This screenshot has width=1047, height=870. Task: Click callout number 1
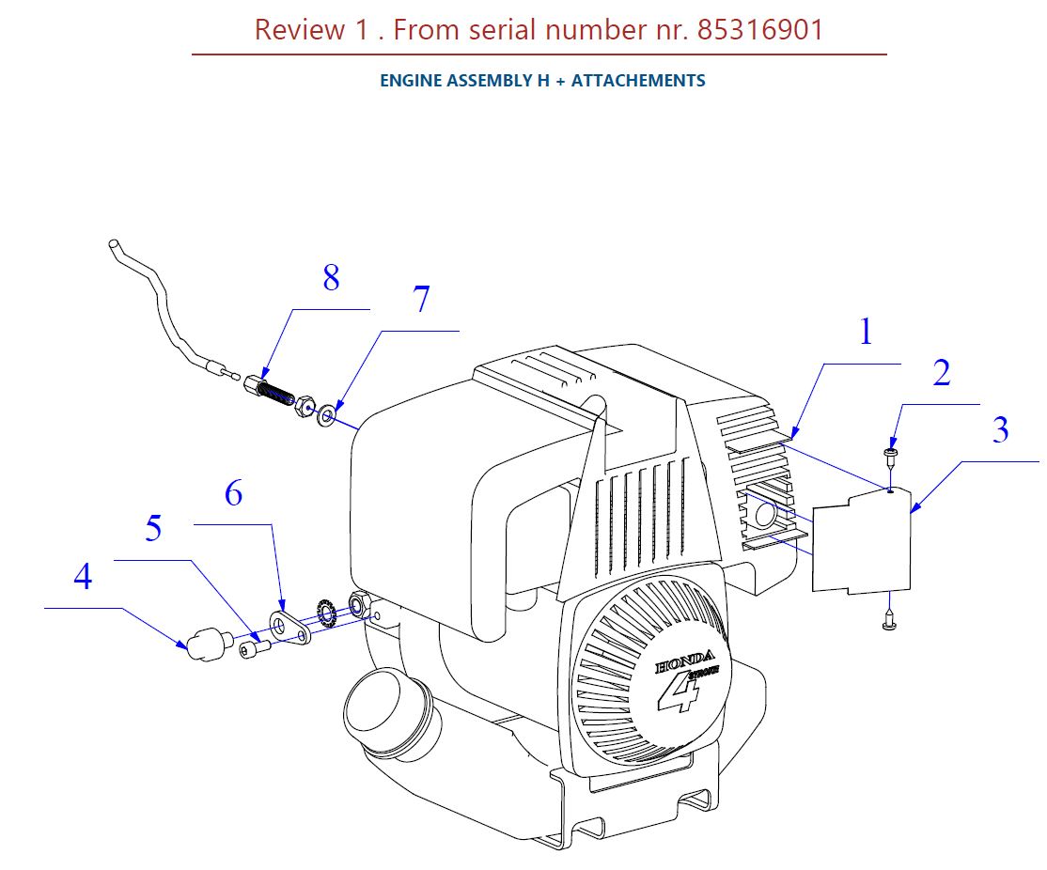(866, 332)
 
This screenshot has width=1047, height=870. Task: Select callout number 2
(941, 373)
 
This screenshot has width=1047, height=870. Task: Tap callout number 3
(1000, 429)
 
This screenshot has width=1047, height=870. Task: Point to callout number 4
(83, 577)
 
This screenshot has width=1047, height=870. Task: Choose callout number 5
(152, 528)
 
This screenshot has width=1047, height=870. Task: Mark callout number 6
(233, 491)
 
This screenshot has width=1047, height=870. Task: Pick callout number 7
(421, 300)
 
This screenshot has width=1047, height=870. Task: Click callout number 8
(331, 278)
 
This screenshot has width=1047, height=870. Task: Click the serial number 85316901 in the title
(760, 30)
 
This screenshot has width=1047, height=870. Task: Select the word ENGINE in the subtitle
(411, 81)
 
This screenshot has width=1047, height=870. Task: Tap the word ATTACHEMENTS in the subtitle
(638, 81)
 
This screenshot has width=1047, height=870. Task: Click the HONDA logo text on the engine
(685, 663)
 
